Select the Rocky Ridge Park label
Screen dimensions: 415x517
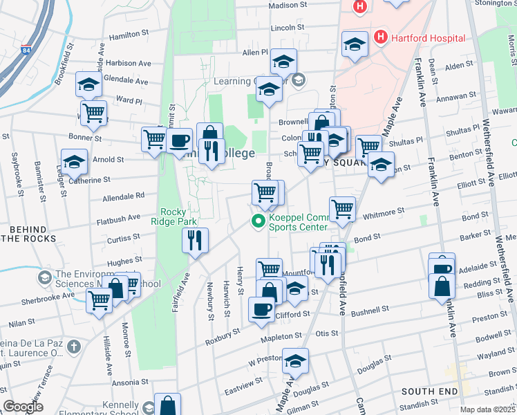[x=179, y=216]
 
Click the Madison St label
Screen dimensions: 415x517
[x=287, y=5]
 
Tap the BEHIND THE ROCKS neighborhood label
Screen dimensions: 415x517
[x=31, y=233]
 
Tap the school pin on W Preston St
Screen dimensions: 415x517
[x=296, y=361]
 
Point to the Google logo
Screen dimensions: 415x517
[x=23, y=407]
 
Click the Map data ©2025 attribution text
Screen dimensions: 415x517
[x=487, y=409]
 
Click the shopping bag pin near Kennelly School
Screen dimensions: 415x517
[x=167, y=405]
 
